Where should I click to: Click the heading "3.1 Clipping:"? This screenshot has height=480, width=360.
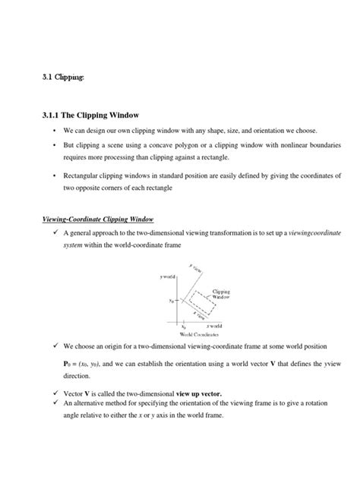63,77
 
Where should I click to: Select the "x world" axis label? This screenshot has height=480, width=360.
223,324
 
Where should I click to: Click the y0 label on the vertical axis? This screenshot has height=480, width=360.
171,299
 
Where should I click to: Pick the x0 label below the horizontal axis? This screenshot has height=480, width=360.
183,324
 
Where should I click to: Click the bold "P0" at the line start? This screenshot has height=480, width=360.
67,363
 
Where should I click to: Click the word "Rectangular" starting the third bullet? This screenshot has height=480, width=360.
84,175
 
